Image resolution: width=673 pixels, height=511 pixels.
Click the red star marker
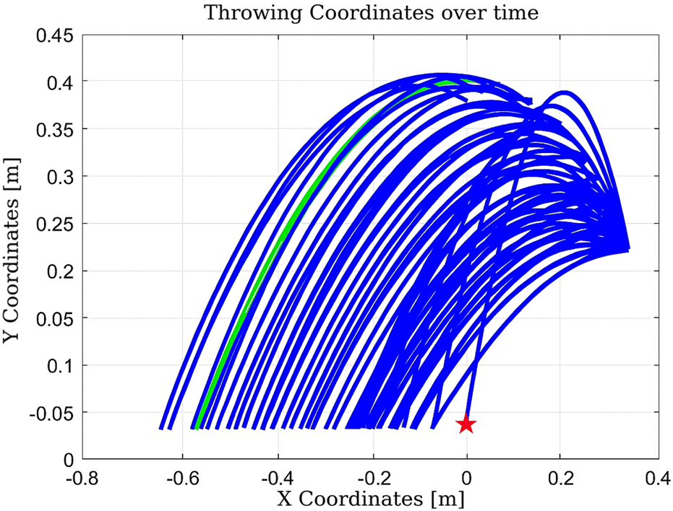(466, 424)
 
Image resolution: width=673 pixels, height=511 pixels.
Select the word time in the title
(518, 13)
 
